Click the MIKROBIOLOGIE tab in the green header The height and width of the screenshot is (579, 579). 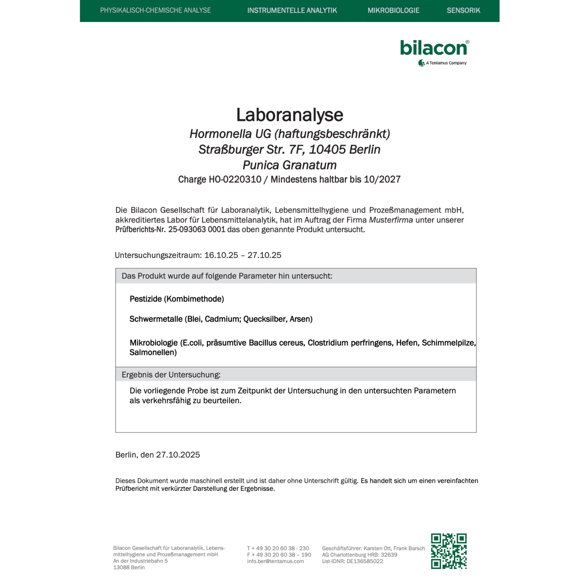(x=393, y=10)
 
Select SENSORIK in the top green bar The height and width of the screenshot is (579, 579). (x=463, y=10)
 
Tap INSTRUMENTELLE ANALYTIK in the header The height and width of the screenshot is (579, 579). (x=292, y=10)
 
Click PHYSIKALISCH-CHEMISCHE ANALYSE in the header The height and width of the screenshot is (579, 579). (x=155, y=10)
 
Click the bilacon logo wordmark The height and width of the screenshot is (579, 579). (x=433, y=48)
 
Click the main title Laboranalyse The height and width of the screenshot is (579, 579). (x=289, y=115)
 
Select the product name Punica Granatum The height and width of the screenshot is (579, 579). (x=289, y=165)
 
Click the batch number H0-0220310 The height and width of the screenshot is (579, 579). (x=235, y=179)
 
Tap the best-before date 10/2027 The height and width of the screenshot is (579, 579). (x=382, y=179)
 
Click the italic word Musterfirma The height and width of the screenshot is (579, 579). (x=390, y=220)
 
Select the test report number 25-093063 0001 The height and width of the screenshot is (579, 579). (x=197, y=230)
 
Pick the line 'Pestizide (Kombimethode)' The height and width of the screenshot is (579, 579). (x=177, y=299)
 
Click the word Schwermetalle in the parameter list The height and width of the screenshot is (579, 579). (x=156, y=319)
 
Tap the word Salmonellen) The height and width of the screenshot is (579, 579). (x=153, y=353)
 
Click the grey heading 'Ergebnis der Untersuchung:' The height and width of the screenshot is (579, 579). (x=171, y=375)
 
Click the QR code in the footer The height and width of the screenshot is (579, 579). (x=449, y=551)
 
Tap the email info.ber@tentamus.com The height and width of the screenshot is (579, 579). (x=276, y=561)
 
